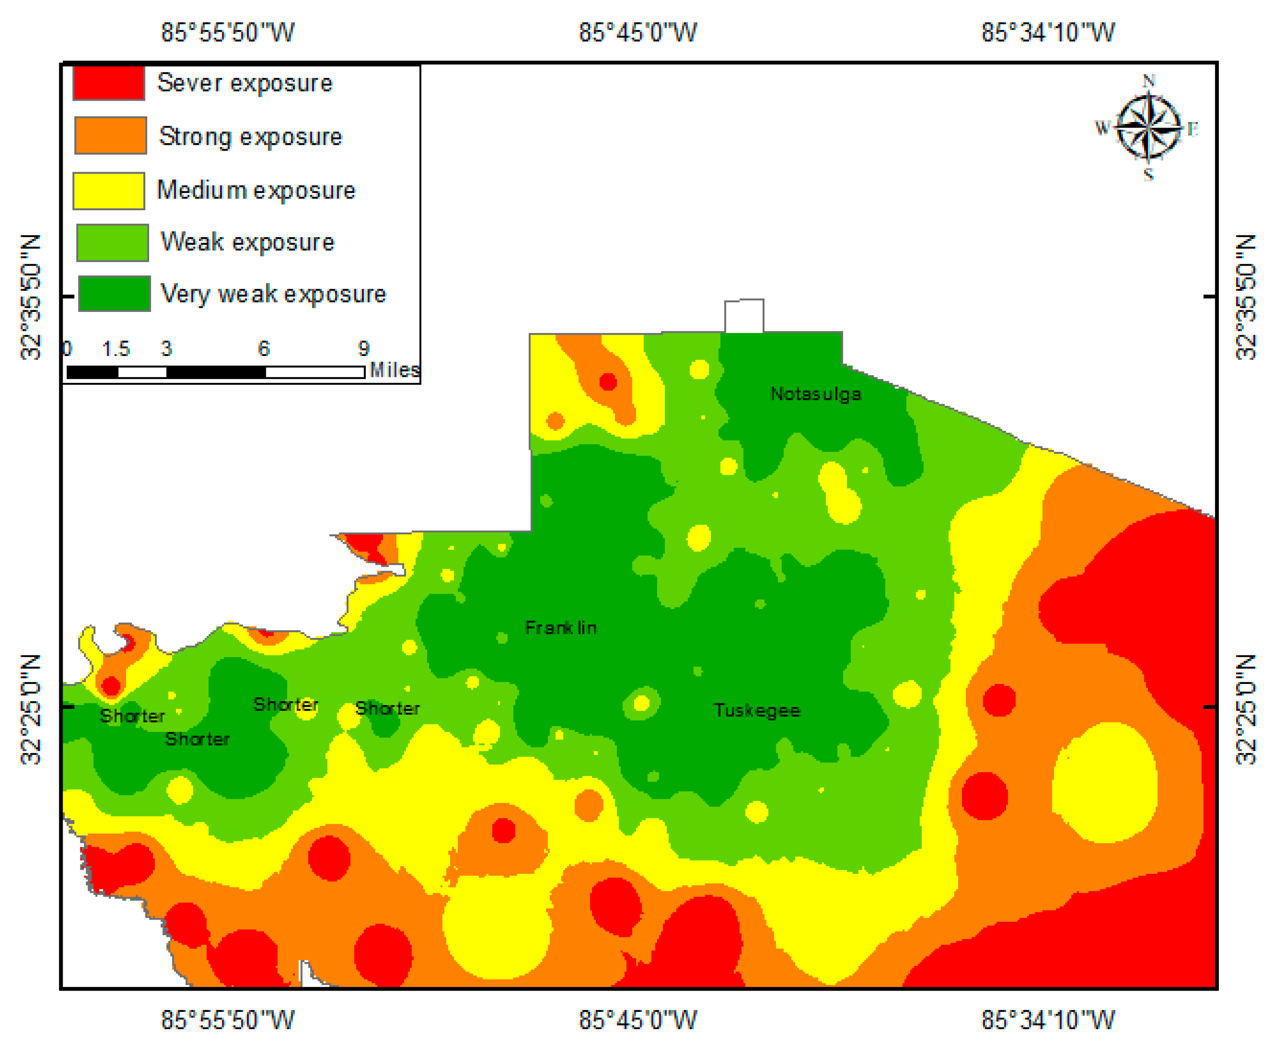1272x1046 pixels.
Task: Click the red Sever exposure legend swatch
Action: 109,83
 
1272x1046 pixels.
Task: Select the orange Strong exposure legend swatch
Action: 110,135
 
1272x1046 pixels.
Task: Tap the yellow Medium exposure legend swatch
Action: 109,190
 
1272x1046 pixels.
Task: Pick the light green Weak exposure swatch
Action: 112,242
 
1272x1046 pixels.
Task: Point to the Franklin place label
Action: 561,628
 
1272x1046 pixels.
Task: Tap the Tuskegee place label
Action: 757,710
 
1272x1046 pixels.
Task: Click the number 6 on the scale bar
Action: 264,348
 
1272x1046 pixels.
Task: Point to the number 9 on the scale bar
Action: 364,348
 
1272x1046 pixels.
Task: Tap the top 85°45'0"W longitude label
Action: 638,32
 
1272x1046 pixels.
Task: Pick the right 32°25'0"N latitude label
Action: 1246,709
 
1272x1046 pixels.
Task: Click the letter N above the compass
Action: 1148,81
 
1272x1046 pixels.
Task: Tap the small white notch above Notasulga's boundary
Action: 744,316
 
